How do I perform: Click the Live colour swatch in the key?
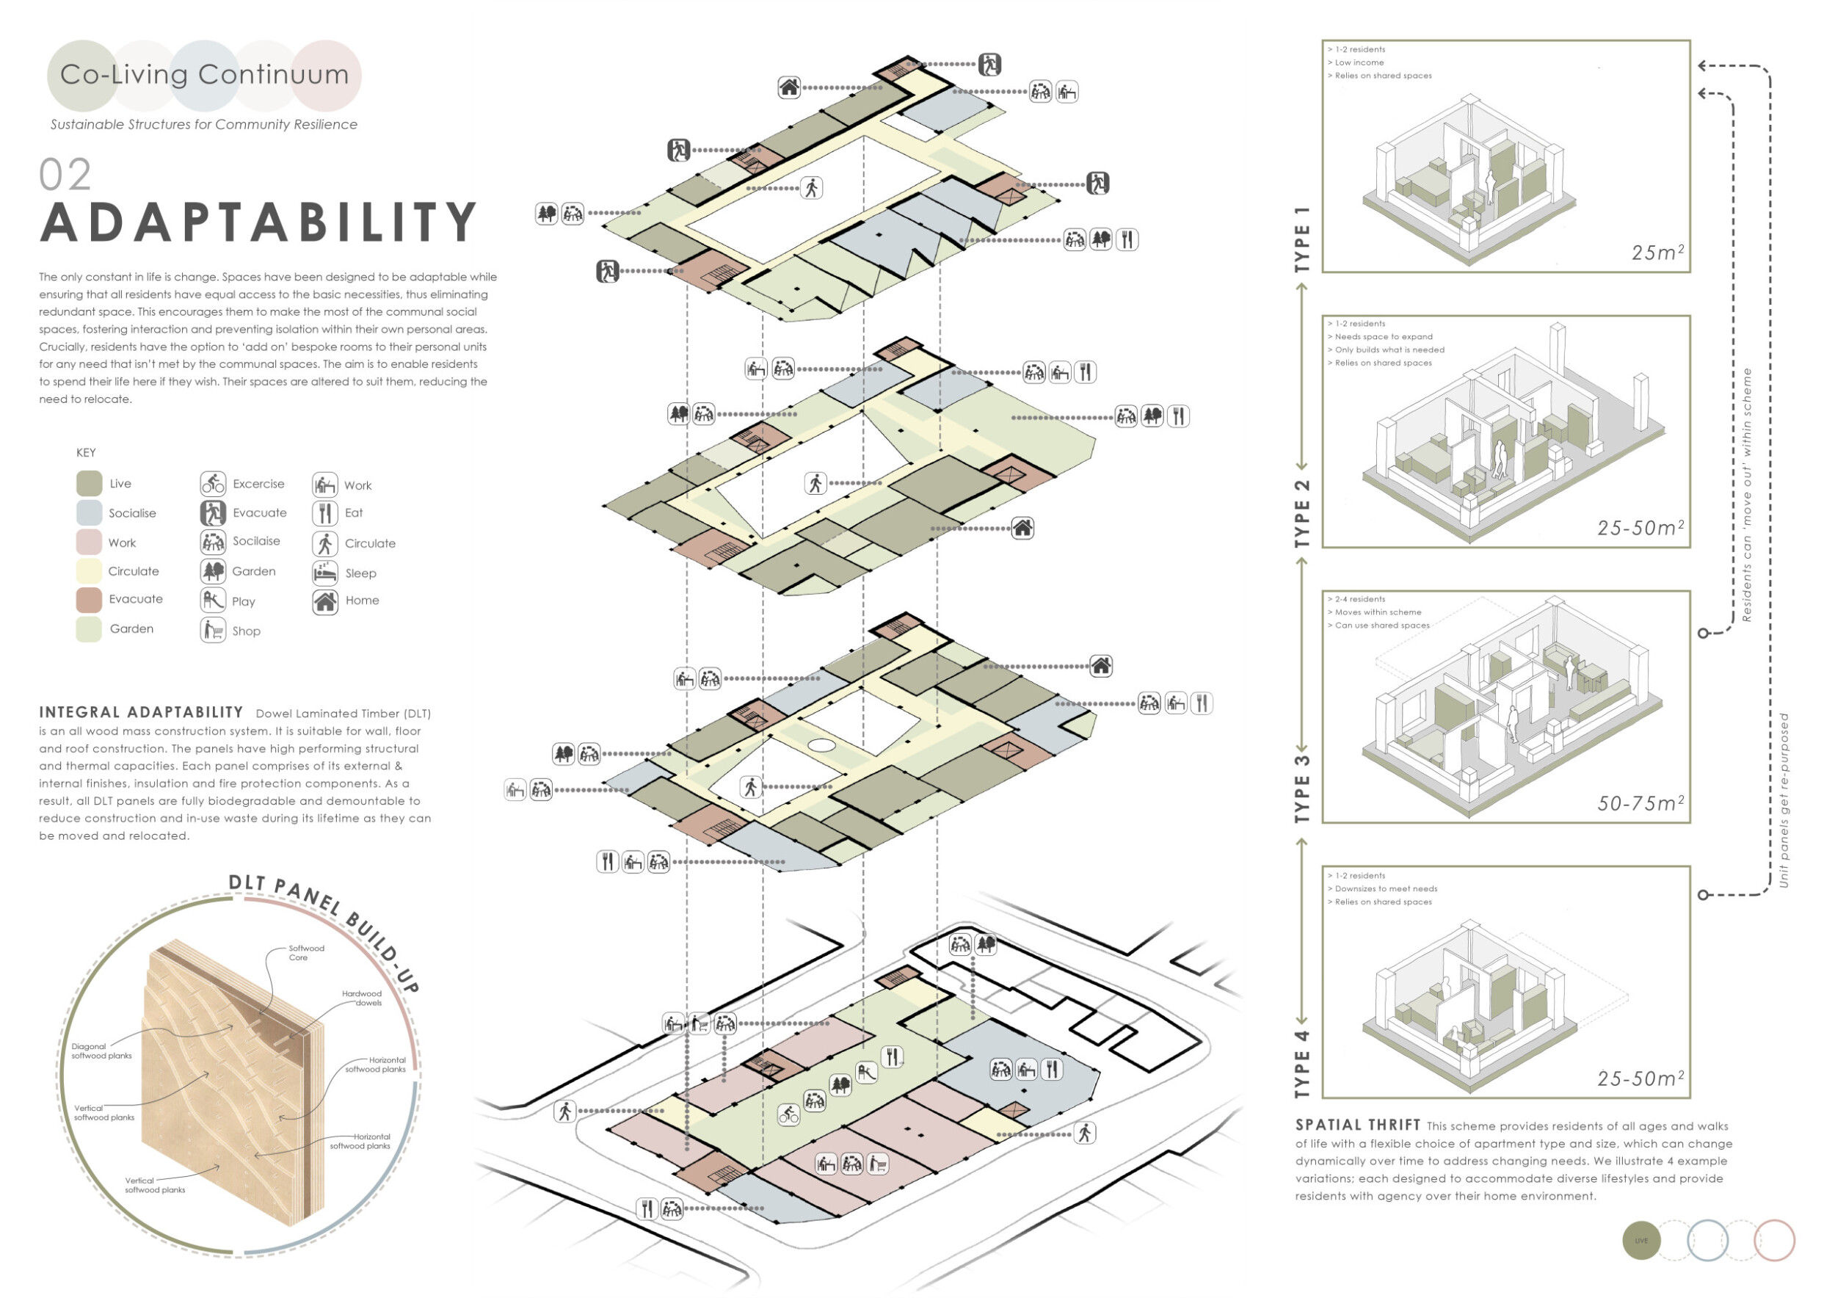click(x=89, y=484)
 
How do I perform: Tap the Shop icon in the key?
click(x=213, y=631)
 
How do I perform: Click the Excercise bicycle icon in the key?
click(x=213, y=484)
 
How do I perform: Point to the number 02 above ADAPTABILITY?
click(x=65, y=175)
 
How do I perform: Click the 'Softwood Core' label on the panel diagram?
click(x=306, y=953)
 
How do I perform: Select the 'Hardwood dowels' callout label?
click(x=362, y=998)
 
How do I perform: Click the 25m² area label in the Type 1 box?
click(x=1657, y=253)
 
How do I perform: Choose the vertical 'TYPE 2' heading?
click(x=1303, y=513)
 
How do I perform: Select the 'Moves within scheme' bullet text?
click(x=1378, y=612)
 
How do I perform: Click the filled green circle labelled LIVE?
click(x=1640, y=1241)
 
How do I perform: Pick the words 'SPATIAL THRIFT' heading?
click(x=1358, y=1125)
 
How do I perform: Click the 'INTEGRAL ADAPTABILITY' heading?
click(x=141, y=712)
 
